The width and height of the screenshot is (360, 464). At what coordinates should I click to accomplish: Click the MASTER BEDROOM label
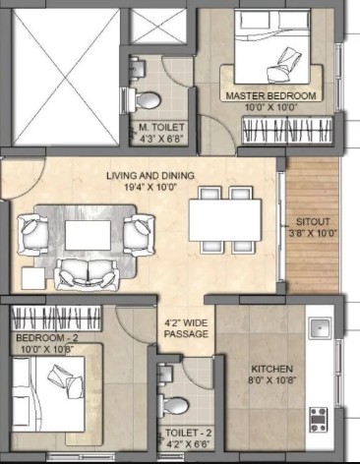point(270,96)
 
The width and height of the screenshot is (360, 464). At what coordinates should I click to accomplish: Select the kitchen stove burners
point(319,419)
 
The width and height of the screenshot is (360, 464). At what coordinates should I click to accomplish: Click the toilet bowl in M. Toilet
point(146,100)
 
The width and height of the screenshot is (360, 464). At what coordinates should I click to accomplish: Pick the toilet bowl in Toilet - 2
point(173,406)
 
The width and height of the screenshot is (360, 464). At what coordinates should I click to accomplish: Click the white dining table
point(225,220)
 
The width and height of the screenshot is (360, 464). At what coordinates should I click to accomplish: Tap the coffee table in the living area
point(88,235)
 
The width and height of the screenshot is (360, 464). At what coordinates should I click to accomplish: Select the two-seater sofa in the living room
point(87,274)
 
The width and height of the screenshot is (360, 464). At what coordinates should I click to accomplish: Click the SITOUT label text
point(313,222)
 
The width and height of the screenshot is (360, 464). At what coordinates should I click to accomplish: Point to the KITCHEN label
point(271,369)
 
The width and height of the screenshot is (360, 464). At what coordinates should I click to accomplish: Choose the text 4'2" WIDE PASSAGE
point(186,328)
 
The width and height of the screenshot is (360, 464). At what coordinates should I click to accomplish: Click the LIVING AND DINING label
point(150,176)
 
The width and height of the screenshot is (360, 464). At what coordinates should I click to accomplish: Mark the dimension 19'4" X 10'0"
point(150,188)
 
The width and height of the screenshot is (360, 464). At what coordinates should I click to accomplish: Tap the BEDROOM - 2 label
point(47,337)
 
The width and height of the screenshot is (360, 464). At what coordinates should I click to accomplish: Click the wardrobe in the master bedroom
point(287,129)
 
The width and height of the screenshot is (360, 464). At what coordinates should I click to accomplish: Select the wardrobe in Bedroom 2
point(56,319)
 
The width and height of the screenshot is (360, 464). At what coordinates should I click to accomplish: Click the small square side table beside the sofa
point(33,278)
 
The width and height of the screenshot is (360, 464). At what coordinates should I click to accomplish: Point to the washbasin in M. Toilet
point(137,68)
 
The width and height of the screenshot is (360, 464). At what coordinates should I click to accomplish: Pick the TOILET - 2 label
point(188,434)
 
